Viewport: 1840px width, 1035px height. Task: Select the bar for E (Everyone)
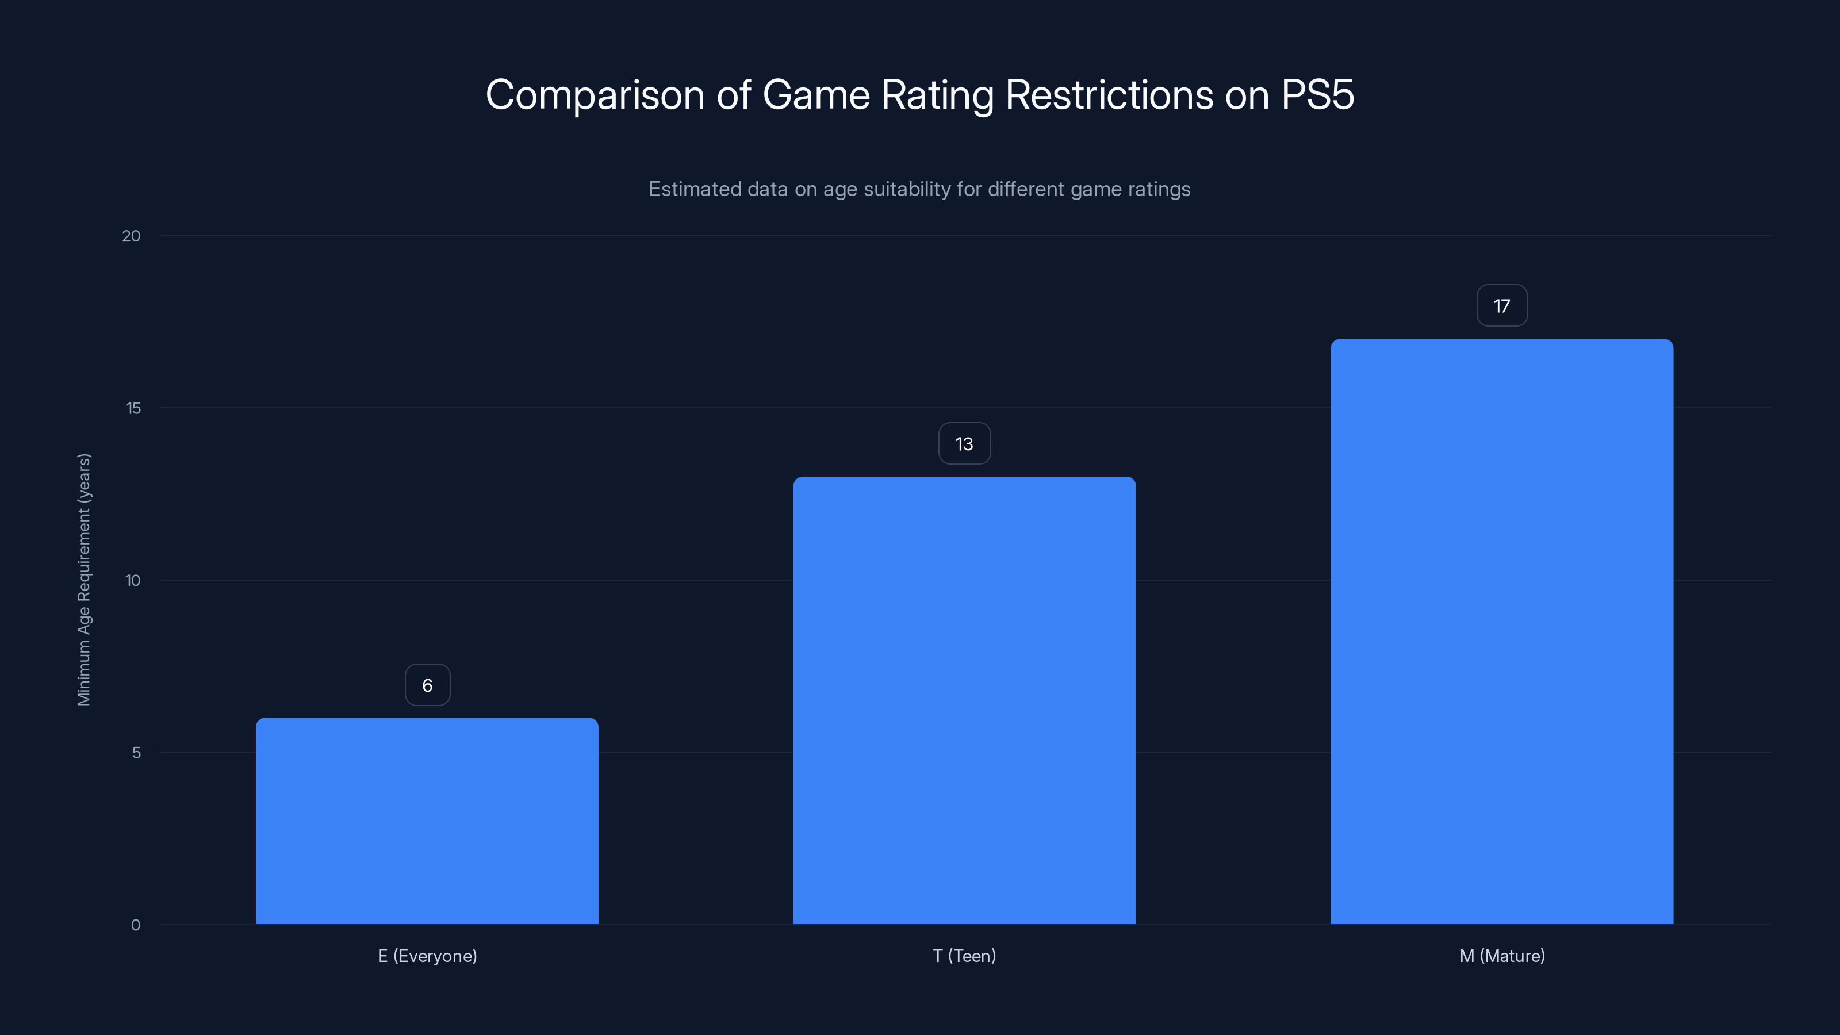[427, 822]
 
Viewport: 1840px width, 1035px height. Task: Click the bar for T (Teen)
[964, 700]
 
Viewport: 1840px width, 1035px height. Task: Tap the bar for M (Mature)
[1501, 631]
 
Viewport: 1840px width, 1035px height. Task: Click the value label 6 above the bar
[427, 685]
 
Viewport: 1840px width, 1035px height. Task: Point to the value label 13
[964, 443]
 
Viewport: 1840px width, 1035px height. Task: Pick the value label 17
[1501, 306]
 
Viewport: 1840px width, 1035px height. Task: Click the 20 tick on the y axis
[132, 236]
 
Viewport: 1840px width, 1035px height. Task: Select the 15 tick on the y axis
[133, 408]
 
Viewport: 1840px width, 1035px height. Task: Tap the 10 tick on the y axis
[133, 580]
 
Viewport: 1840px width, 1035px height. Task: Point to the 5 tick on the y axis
[136, 752]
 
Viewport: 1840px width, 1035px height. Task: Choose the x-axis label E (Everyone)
[427, 956]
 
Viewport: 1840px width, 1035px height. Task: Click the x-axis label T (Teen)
[964, 956]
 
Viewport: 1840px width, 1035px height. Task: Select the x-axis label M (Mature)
[1502, 956]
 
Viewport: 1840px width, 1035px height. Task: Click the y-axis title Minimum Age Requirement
[85, 579]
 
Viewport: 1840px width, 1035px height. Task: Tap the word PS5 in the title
[1317, 94]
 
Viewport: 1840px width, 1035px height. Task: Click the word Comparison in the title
[595, 95]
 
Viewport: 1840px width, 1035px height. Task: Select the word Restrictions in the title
[1109, 94]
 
